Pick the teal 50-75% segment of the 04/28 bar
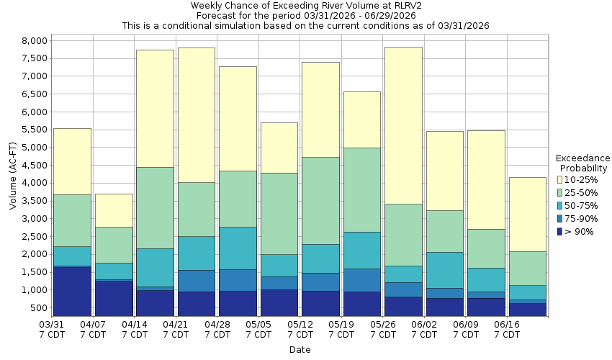click(238, 248)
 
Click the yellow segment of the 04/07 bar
click(114, 210)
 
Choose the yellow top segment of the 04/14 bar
click(155, 108)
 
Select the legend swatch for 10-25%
click(560, 179)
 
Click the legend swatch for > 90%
click(560, 231)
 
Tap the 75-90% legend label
click(580, 218)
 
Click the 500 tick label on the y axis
click(39, 308)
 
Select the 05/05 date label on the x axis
click(258, 330)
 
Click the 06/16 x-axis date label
click(507, 330)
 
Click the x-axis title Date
click(300, 350)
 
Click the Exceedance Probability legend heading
click(583, 163)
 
